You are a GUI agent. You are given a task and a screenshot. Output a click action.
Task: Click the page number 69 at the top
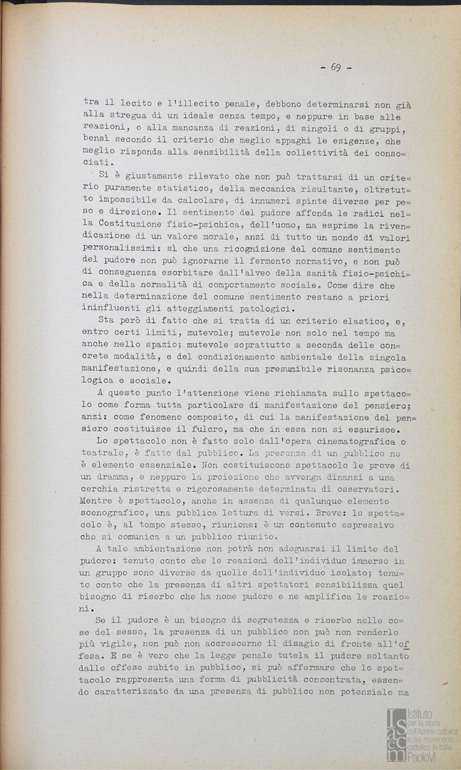(x=335, y=68)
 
